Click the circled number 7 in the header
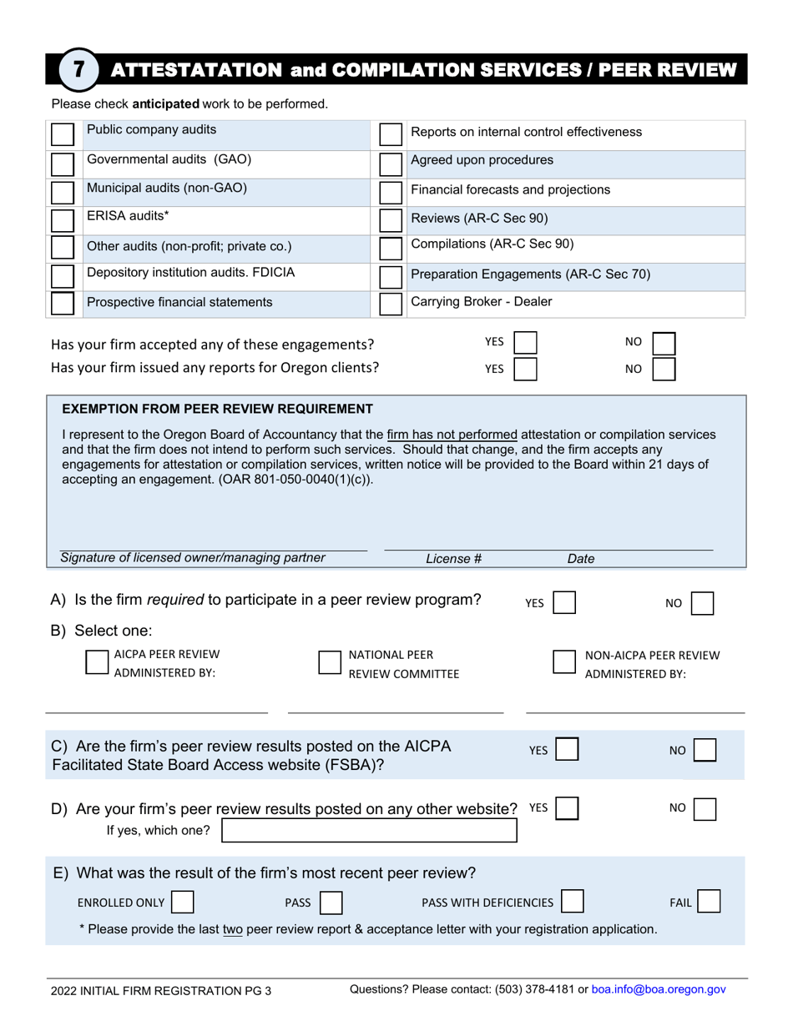pyautogui.click(x=77, y=70)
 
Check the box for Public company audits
pyautogui.click(x=63, y=135)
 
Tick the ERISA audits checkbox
pyautogui.click(x=63, y=220)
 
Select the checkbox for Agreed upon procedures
pyautogui.click(x=390, y=163)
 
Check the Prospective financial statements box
pyautogui.click(x=63, y=303)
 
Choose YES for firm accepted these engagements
pyautogui.click(x=525, y=343)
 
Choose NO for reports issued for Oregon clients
pyautogui.click(x=663, y=369)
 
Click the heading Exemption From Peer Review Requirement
pyautogui.click(x=218, y=409)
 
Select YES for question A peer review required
pyautogui.click(x=564, y=603)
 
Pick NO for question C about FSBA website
pyautogui.click(x=705, y=750)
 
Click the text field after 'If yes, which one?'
pyautogui.click(x=368, y=831)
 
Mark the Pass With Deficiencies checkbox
pyautogui.click(x=573, y=902)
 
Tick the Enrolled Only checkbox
pyautogui.click(x=182, y=902)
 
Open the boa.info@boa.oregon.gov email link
pyautogui.click(x=659, y=989)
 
